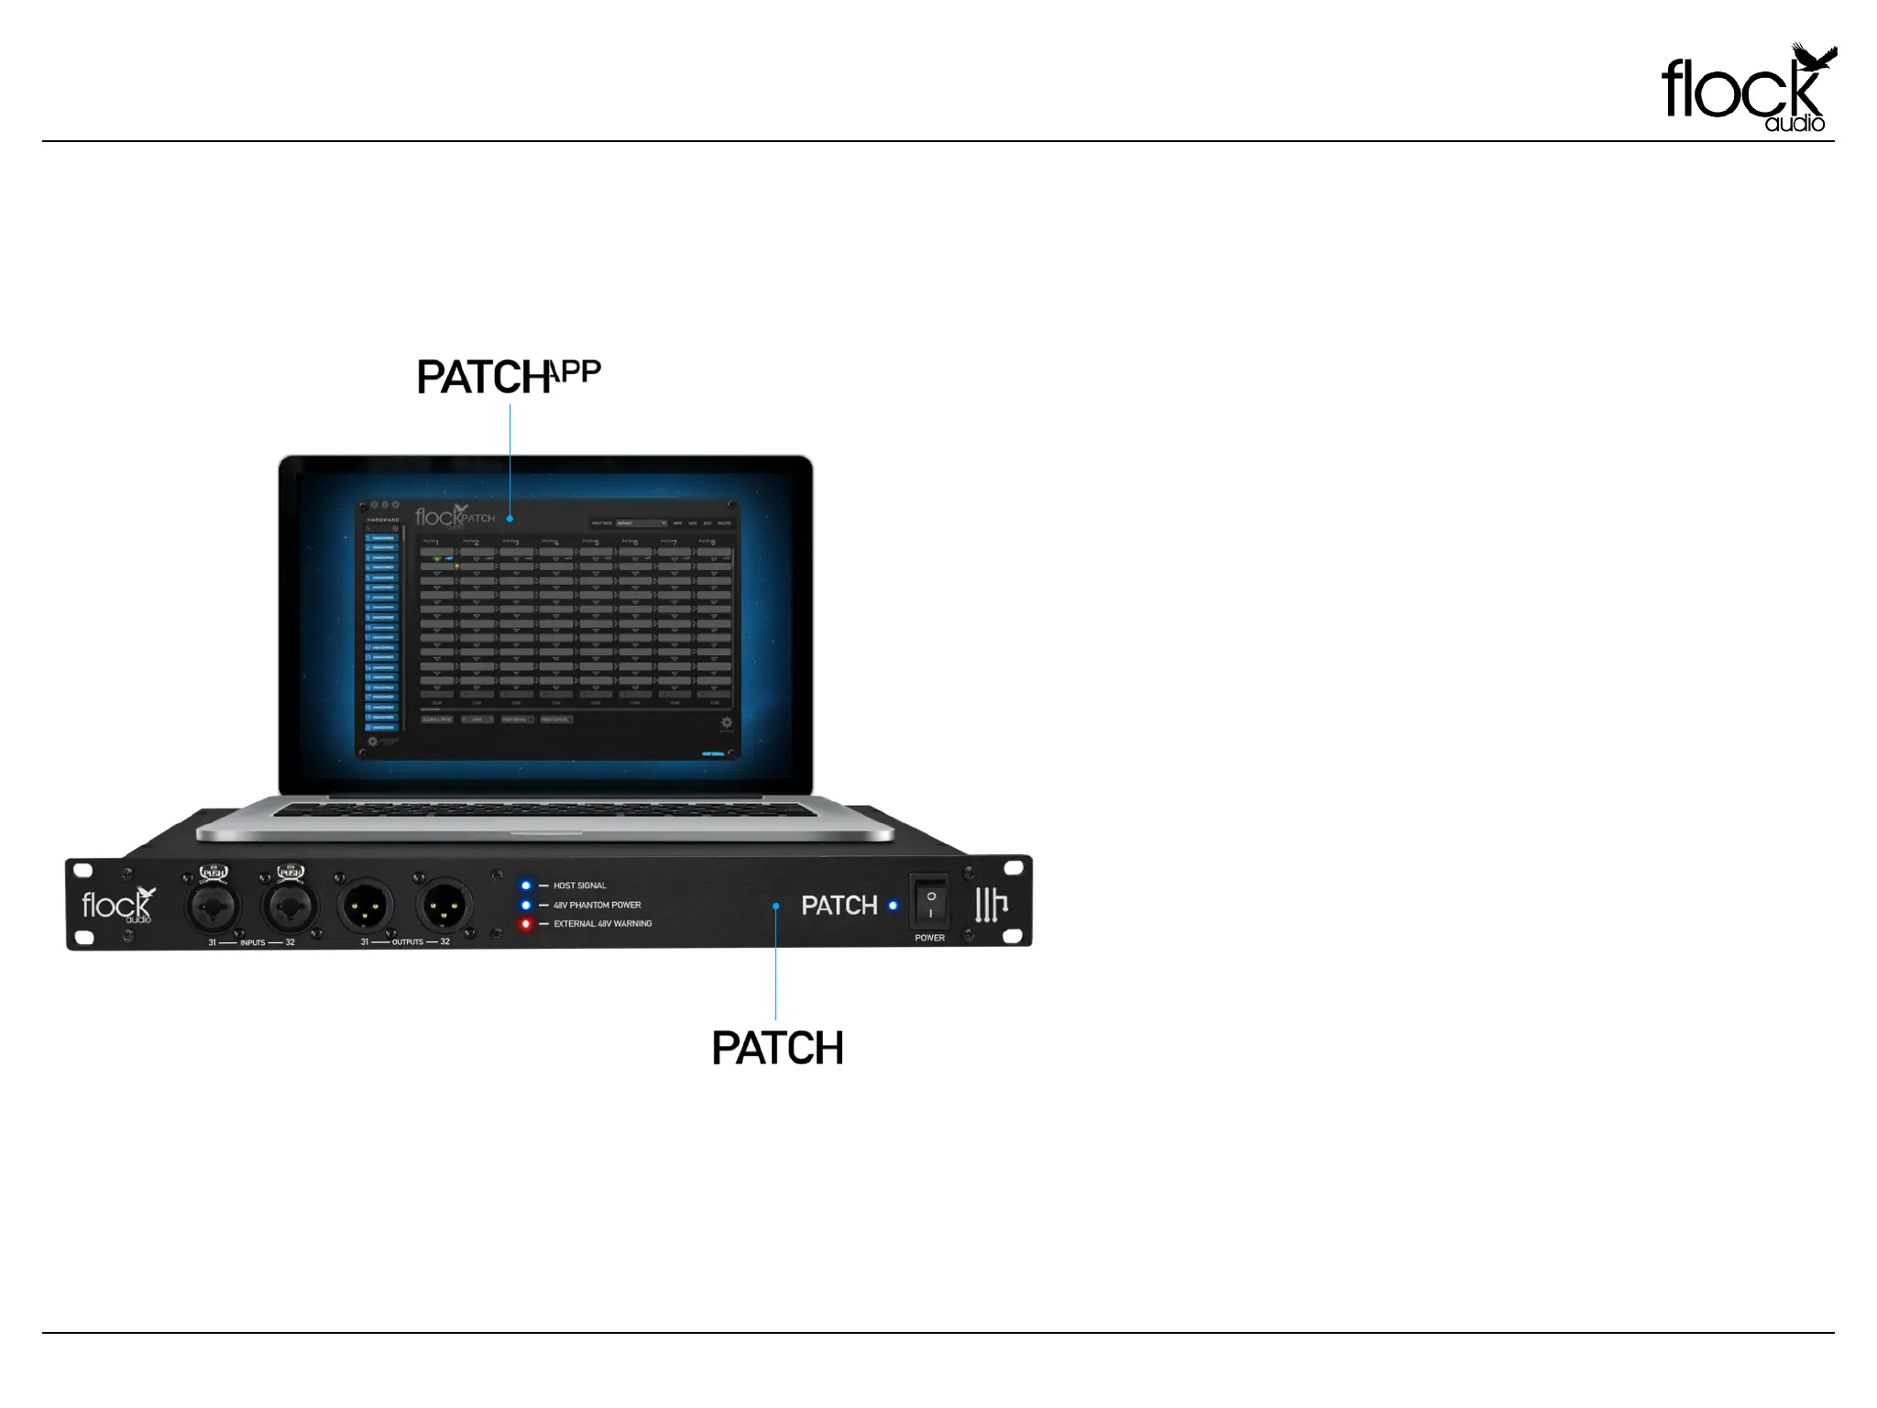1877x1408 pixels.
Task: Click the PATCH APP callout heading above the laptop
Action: (509, 377)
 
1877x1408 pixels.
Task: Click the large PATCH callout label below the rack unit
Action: (777, 1048)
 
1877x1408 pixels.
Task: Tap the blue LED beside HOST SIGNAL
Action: (526, 885)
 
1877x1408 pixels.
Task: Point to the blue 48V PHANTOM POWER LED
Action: (526, 905)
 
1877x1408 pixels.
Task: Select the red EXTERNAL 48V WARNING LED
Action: (526, 924)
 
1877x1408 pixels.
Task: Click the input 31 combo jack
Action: (213, 907)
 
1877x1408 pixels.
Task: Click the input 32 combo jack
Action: (290, 907)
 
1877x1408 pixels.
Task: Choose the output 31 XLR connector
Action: (366, 907)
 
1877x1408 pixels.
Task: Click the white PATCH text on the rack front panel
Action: (840, 906)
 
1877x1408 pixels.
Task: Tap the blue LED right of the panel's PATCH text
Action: (894, 906)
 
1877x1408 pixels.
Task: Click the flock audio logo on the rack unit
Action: (117, 906)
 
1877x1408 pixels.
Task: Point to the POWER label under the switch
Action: (929, 938)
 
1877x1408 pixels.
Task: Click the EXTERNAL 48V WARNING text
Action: (602, 924)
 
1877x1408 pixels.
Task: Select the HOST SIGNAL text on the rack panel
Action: (579, 885)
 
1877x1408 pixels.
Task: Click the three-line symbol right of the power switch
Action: (991, 905)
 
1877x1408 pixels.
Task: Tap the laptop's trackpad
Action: (546, 829)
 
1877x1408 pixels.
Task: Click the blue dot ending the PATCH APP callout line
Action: (510, 520)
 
